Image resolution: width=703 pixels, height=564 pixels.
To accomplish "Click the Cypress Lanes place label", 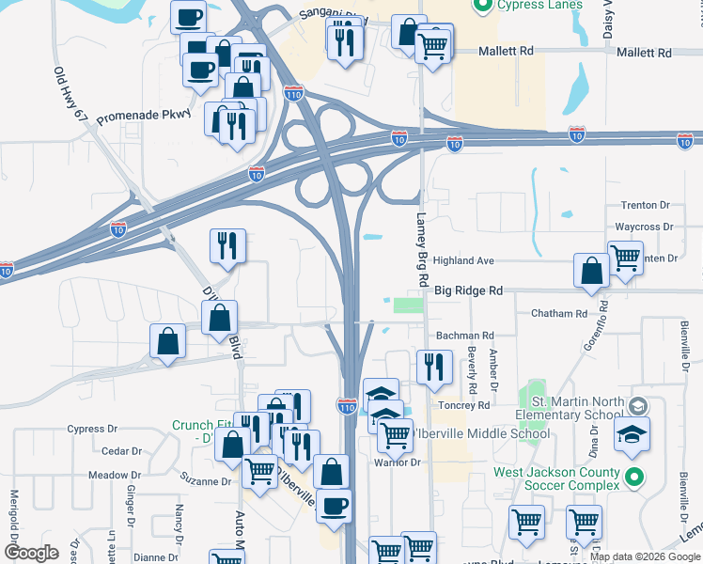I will pos(541,6).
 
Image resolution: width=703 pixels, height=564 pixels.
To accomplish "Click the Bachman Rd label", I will pos(464,336).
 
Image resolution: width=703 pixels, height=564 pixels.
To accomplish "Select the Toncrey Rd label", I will pos(463,406).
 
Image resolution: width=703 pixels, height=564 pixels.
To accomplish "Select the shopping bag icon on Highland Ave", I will pos(591,270).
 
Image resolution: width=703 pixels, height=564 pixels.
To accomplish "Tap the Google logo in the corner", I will pos(31,553).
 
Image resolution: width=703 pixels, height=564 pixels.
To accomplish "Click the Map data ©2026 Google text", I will pos(645,556).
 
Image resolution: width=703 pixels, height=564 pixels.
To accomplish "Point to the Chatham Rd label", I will pos(558,313).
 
